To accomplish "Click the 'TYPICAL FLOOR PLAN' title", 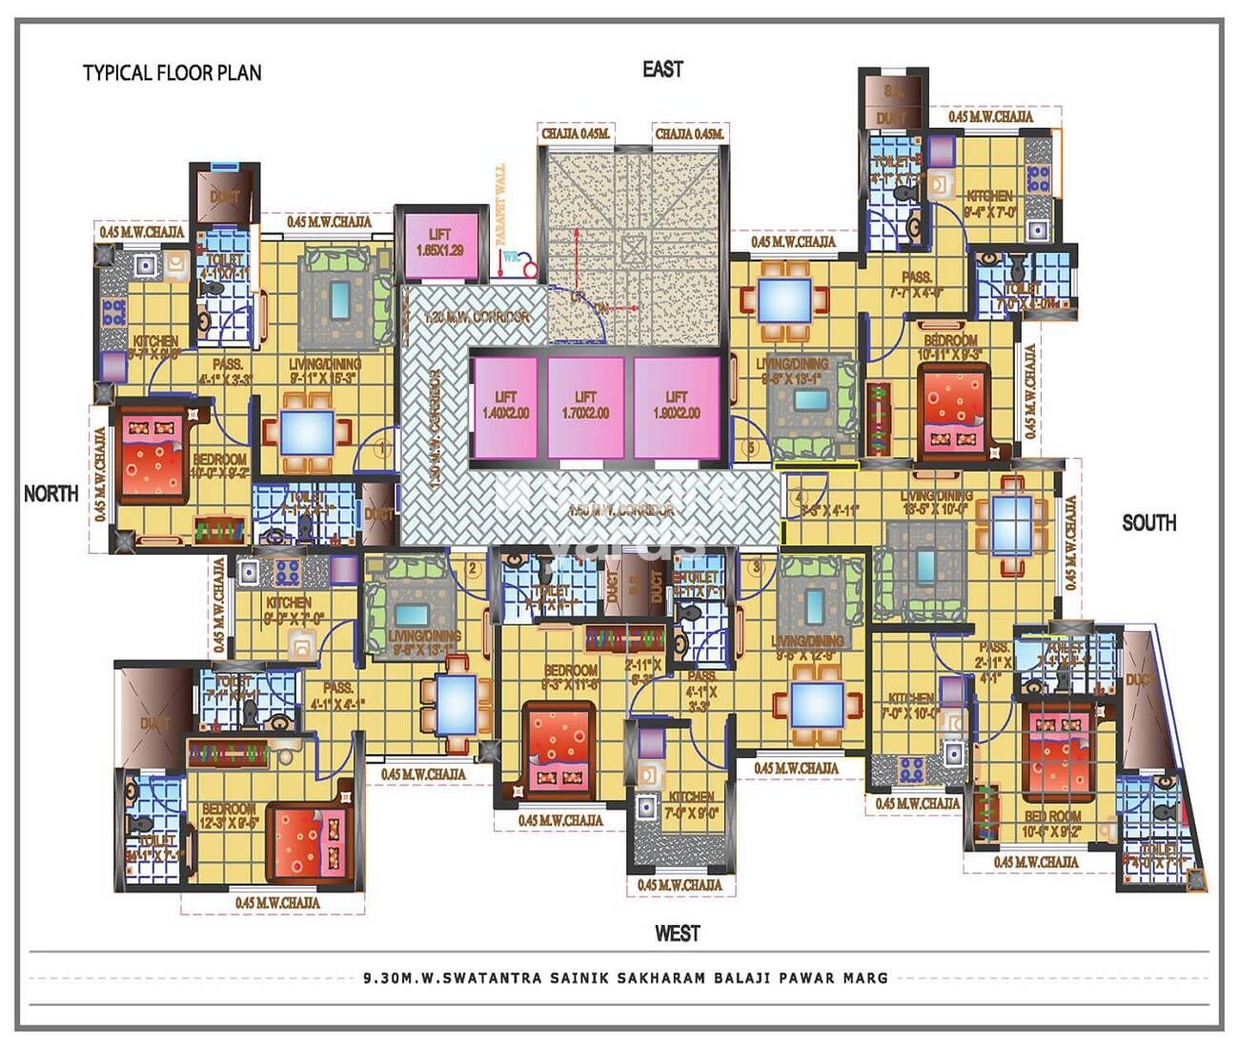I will (172, 72).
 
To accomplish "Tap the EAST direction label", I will (662, 69).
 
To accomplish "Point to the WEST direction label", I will (677, 933).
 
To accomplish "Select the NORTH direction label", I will (51, 493).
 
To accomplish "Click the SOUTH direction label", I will (1148, 523).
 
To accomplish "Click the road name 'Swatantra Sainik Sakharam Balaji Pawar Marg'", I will (625, 977).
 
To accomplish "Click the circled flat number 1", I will (383, 447).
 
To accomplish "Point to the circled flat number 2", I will (473, 569).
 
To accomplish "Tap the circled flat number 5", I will (751, 447).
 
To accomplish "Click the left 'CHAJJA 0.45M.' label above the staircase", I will (576, 134).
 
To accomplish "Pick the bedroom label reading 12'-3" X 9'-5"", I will (230, 815).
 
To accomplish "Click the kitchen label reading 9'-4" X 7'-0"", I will (989, 204).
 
